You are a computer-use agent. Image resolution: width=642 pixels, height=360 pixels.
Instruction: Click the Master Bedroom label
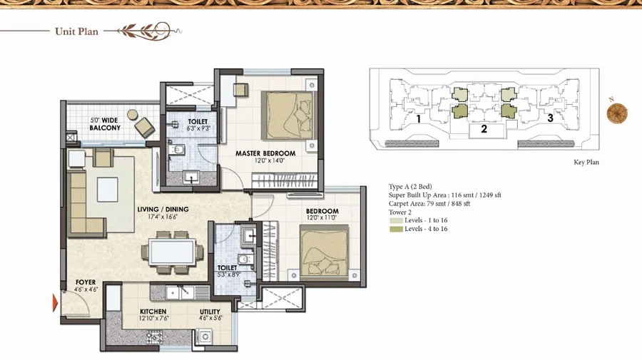[265, 153]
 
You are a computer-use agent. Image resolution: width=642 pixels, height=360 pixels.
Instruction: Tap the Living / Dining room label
[163, 209]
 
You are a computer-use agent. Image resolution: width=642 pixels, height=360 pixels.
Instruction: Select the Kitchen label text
[153, 312]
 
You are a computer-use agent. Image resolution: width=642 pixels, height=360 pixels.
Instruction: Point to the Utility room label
[210, 312]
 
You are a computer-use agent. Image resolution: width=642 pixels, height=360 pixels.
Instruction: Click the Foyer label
[86, 282]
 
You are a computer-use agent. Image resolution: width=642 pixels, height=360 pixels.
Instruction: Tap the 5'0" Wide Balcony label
[105, 124]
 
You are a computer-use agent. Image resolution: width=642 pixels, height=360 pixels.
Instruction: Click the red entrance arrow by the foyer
[55, 303]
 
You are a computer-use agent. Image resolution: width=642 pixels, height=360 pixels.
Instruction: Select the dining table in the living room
[172, 252]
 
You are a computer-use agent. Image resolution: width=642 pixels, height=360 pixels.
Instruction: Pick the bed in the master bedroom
[289, 115]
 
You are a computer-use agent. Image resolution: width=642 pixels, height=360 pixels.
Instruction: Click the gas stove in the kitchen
[154, 337]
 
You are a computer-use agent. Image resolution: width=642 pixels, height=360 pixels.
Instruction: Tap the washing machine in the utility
[205, 337]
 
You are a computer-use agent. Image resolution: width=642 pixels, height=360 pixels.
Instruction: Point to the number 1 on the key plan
[419, 119]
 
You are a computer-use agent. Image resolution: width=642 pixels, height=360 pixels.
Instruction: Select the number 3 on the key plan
[550, 118]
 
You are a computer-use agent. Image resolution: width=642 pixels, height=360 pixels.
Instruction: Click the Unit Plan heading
[76, 31]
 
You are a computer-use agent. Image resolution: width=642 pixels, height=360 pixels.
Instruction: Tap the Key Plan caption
[586, 163]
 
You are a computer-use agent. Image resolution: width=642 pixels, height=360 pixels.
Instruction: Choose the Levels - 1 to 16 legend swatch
[396, 220]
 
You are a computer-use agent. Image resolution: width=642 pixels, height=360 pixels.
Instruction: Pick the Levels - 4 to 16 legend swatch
[396, 229]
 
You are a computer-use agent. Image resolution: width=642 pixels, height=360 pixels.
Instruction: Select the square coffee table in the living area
[107, 190]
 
